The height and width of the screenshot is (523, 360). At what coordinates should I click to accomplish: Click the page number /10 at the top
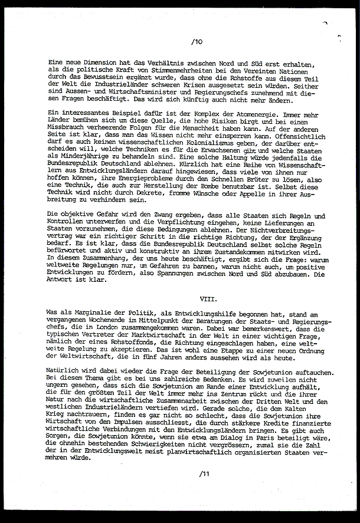tap(197, 42)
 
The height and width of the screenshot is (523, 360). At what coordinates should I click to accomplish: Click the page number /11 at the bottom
tap(204, 473)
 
